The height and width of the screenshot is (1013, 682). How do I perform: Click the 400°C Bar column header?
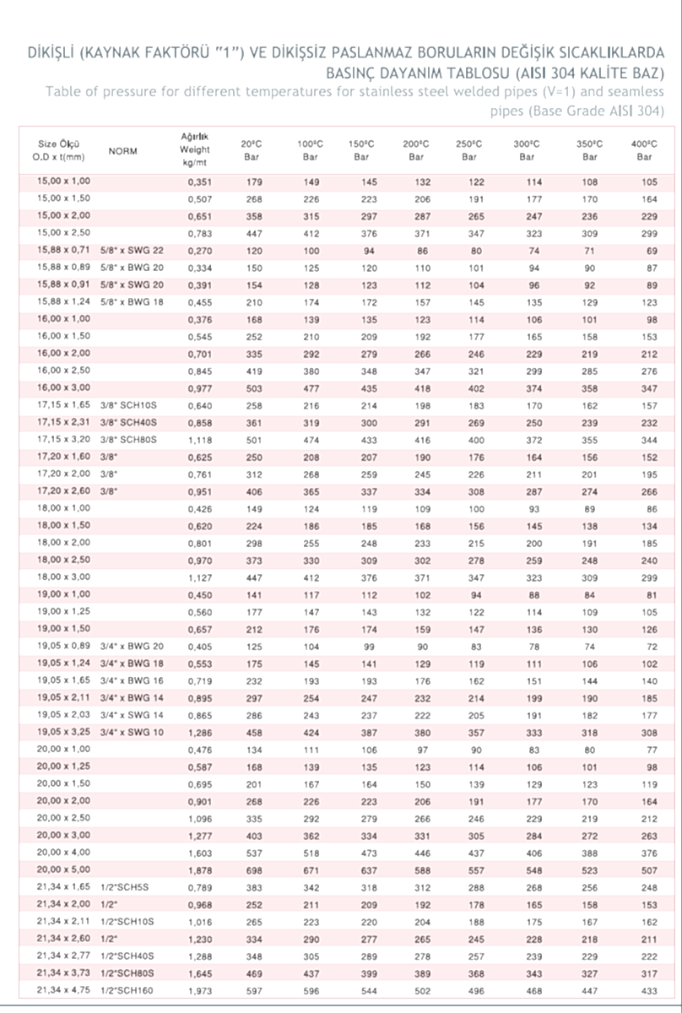pos(645,149)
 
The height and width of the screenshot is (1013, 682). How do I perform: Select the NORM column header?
pos(123,151)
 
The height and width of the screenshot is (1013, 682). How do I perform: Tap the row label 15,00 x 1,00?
pos(62,181)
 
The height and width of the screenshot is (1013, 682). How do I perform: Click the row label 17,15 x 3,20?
pos(62,439)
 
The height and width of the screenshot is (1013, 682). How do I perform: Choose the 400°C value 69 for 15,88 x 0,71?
pos(651,251)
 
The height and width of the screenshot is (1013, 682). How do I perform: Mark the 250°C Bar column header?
pos(469,149)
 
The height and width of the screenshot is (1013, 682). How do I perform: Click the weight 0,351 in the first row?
pos(198,181)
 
